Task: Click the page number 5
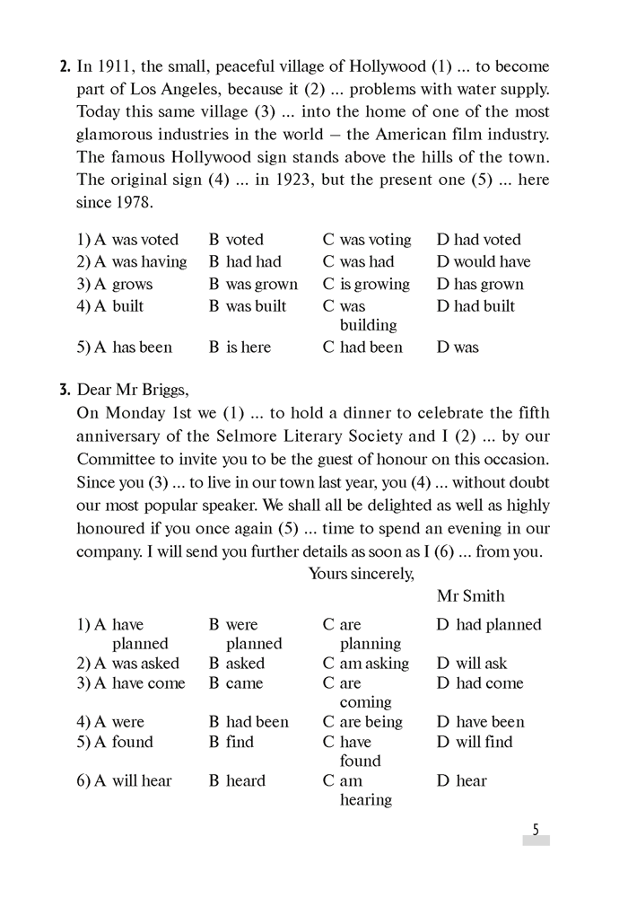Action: (x=536, y=830)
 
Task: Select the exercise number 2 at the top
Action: (x=65, y=66)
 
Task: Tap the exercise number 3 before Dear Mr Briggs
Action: (x=65, y=389)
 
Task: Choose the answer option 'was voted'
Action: (x=144, y=240)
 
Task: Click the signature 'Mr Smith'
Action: (x=470, y=596)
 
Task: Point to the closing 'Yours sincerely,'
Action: (x=361, y=574)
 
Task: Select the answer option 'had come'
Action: (x=489, y=683)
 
